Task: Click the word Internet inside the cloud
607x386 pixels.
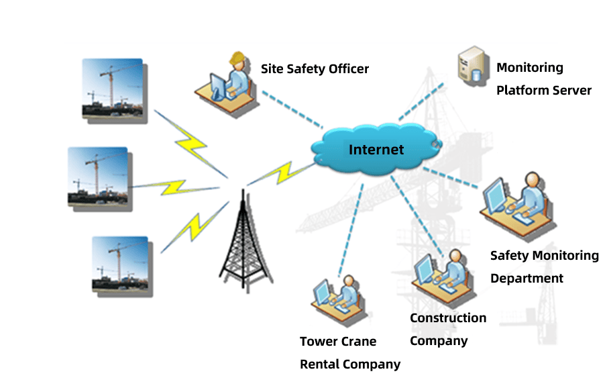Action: click(x=376, y=149)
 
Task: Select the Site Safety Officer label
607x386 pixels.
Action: click(x=315, y=68)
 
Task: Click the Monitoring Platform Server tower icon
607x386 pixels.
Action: click(x=471, y=65)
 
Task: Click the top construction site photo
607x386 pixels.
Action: click(x=112, y=89)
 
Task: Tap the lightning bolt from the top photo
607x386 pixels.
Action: click(x=188, y=143)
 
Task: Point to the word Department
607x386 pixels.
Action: click(x=527, y=279)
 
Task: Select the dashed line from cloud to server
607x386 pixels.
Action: click(x=421, y=103)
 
